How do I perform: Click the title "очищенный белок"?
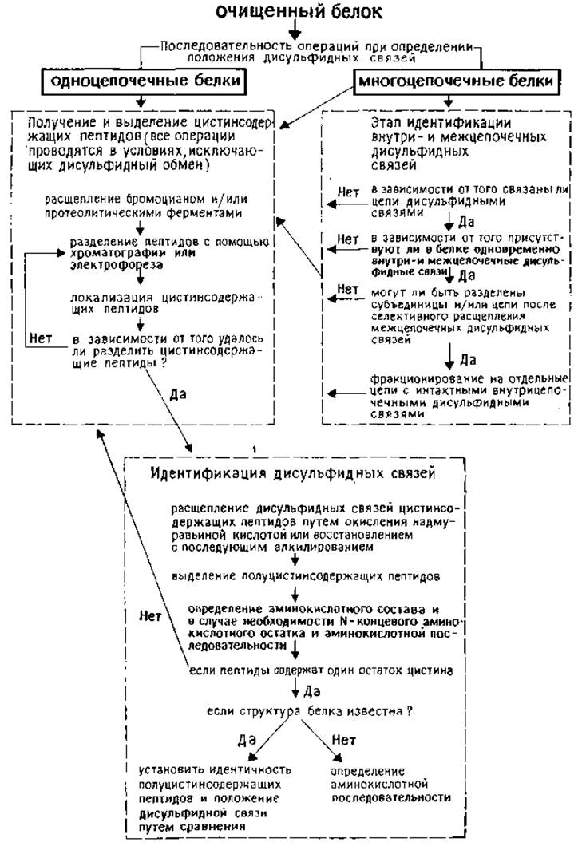point(299,11)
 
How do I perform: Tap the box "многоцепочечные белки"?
point(456,81)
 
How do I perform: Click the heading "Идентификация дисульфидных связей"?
point(293,473)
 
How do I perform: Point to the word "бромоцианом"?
point(165,199)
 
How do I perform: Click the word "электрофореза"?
point(116,266)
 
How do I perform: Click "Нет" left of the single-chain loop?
point(41,338)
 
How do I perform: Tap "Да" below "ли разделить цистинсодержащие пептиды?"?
point(177,393)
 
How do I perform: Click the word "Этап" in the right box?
point(386,123)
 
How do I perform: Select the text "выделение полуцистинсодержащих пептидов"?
point(306,576)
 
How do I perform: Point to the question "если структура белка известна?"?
point(310,711)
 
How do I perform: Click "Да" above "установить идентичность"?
point(246,740)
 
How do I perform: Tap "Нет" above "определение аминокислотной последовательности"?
point(343,739)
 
